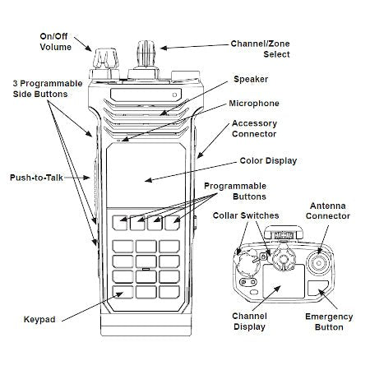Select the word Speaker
(251, 79)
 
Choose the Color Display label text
(267, 161)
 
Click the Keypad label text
(39, 319)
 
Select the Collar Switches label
(246, 215)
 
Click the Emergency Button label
(329, 321)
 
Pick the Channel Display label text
(248, 321)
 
